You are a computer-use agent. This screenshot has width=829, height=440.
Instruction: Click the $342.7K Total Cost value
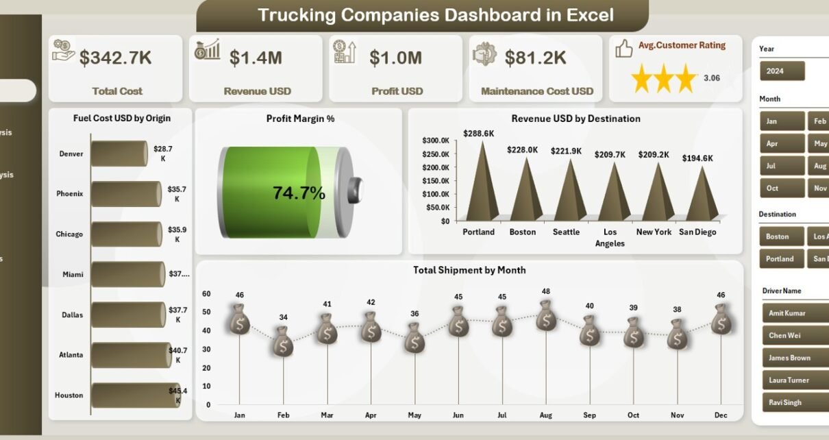click(115, 58)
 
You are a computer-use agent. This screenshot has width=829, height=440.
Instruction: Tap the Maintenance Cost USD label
click(537, 91)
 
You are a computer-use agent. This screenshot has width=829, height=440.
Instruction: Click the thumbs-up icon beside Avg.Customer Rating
click(623, 48)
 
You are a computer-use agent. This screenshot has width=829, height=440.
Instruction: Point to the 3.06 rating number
click(712, 78)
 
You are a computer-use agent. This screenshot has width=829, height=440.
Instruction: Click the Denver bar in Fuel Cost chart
click(119, 154)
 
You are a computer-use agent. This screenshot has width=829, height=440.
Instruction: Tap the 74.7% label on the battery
click(299, 193)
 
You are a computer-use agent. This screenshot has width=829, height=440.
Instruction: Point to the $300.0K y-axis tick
click(435, 140)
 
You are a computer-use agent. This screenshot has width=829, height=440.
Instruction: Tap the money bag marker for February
click(283, 341)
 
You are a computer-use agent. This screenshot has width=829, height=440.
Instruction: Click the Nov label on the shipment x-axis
click(677, 415)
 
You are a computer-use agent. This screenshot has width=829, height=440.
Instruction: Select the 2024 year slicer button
click(782, 71)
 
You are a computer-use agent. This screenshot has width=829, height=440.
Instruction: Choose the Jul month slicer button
click(782, 166)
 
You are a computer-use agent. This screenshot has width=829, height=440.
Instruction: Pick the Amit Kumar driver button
click(795, 313)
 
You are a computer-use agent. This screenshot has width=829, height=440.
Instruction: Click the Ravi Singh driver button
click(795, 402)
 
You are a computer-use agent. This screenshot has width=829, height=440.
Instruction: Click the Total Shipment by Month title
click(469, 270)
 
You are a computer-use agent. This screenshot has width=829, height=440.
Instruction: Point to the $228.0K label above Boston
click(522, 149)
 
